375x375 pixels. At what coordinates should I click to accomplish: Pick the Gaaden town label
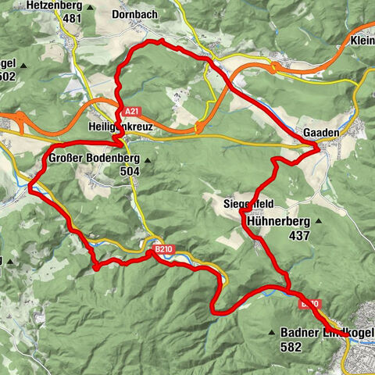coord(322,133)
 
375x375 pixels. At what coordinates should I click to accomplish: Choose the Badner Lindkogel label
coord(327,333)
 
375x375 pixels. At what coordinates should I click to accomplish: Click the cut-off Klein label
coord(362,41)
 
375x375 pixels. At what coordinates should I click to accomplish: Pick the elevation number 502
coord(9,76)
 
